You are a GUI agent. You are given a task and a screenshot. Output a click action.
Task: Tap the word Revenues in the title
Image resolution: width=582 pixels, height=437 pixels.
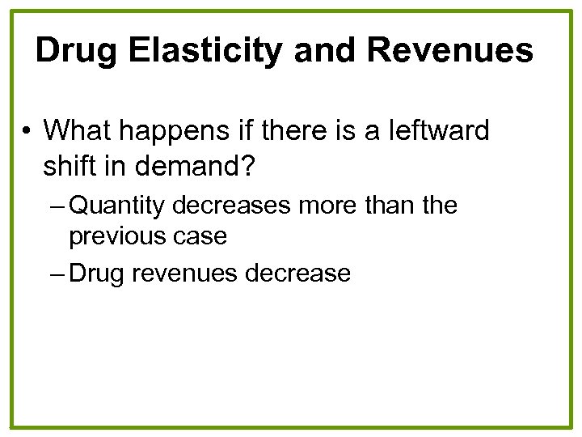[450, 51]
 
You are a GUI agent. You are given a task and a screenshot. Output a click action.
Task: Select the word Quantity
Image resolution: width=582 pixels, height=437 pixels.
[119, 206]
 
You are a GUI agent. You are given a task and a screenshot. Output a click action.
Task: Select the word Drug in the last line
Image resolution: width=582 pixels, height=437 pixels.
[96, 274]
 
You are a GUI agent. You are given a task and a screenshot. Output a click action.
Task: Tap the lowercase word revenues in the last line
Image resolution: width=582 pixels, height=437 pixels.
[183, 274]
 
